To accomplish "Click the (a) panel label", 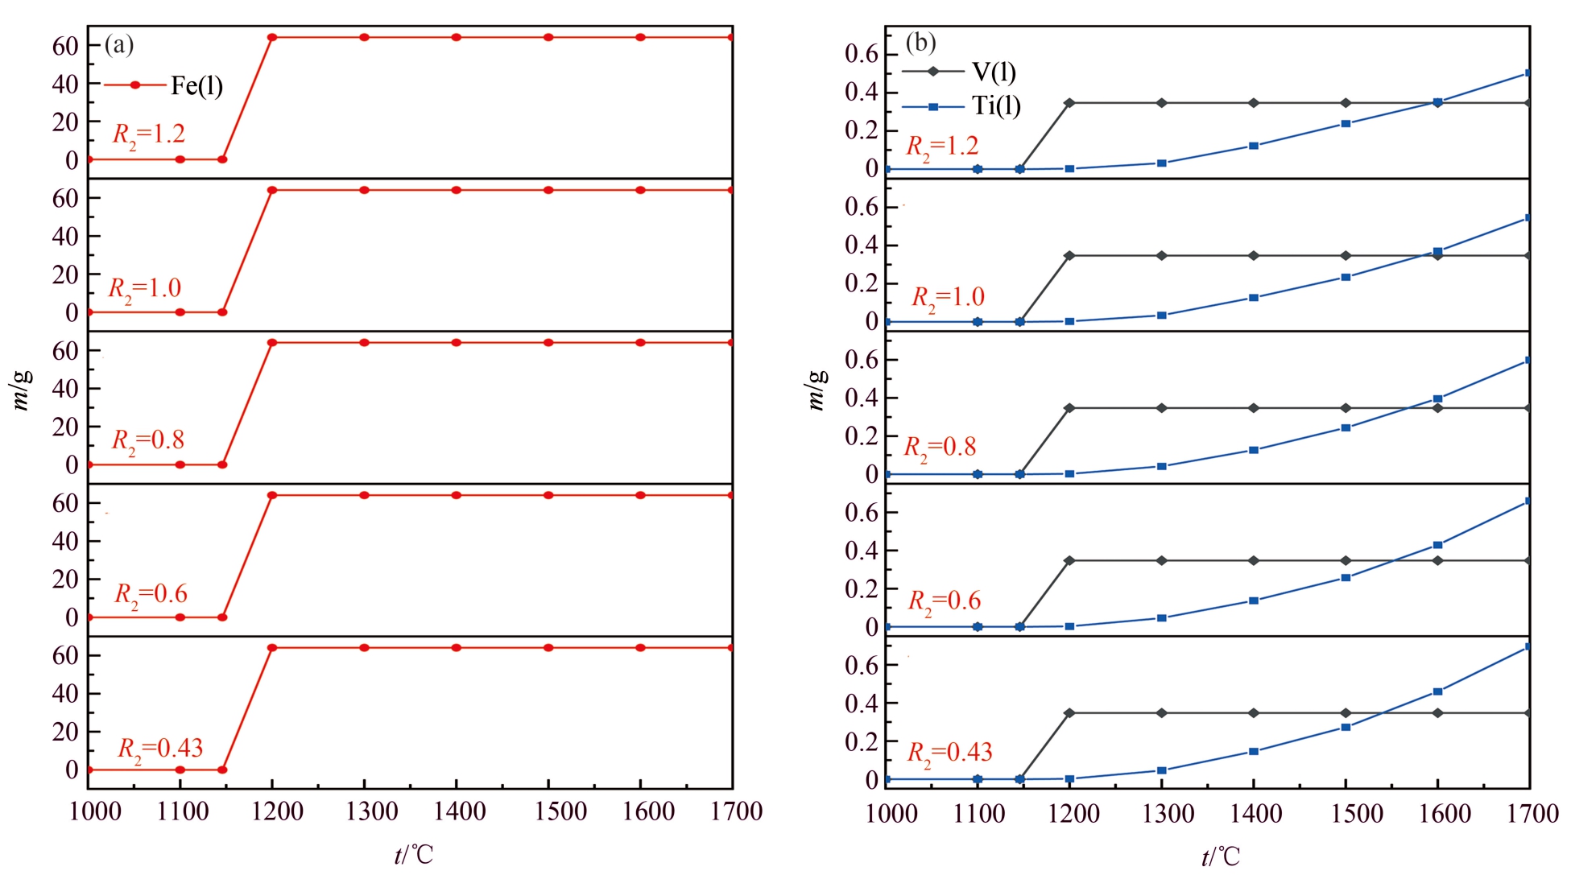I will (119, 44).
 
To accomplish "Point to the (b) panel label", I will (920, 42).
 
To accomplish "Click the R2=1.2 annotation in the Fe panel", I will (148, 134).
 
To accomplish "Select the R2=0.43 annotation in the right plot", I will (949, 753).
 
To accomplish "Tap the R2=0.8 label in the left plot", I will (147, 440).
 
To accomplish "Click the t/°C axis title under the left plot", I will (414, 855).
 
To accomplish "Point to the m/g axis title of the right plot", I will (816, 390).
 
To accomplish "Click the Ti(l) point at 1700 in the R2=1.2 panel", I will (1528, 73).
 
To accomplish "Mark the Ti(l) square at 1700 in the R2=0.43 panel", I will (1528, 646).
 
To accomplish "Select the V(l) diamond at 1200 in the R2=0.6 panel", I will (1069, 560).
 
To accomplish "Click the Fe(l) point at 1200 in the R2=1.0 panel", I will (272, 190).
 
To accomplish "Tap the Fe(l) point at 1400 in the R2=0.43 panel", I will (457, 647).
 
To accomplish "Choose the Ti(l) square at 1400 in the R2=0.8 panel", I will (1253, 450).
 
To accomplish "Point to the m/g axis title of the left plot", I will (23, 390).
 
